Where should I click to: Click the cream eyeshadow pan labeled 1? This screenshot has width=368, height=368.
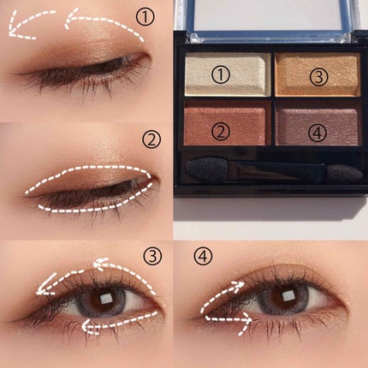228,74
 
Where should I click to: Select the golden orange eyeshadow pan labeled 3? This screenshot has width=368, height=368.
318,74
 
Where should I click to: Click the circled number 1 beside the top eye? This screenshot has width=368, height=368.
145,16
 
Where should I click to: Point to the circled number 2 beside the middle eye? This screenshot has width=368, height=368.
151,139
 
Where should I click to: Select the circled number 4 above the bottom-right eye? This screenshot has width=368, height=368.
203,255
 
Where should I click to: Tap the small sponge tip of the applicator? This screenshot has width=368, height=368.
344,174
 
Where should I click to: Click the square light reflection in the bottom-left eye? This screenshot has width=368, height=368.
107,299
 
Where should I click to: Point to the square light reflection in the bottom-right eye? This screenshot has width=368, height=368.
288,296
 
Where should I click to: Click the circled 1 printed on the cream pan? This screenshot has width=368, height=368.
221,74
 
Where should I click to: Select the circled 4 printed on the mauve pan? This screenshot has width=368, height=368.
318,133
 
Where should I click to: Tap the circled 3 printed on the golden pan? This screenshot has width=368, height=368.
319,77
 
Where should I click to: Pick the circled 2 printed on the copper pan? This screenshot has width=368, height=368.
221,131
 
